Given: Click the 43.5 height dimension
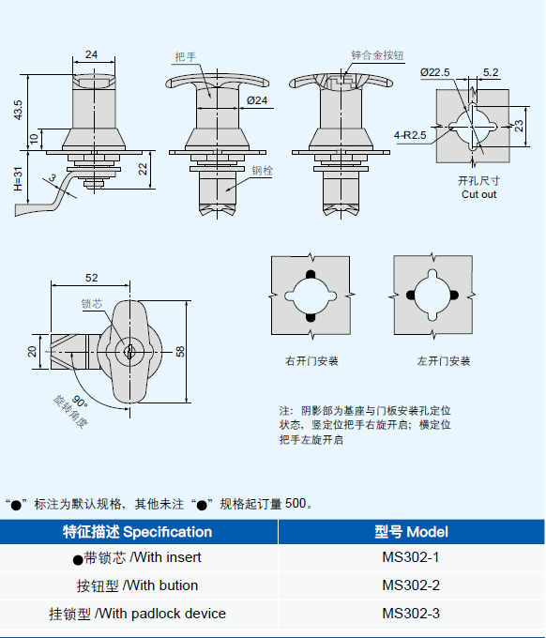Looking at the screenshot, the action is pos(19,110).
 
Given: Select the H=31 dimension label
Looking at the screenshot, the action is pos(19,178).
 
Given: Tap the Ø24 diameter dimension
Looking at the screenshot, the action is pos(257,100).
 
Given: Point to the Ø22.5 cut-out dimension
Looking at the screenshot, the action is pos(435,72).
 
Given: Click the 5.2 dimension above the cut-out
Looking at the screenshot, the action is pos(491,72).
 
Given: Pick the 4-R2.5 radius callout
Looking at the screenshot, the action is pos(410,135).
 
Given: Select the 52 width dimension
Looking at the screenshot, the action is pos(92,278).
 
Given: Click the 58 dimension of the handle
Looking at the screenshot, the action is pos(180,351).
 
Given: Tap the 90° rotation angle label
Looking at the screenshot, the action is pos(80,402).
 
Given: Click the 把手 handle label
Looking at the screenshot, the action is pos(186,56).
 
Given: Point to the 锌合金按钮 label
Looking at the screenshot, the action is pos(377,55).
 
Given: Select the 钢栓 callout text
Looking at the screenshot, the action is pos(262,171).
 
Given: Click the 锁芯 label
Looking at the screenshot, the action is pos(92,304).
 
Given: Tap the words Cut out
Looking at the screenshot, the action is pos(478,194).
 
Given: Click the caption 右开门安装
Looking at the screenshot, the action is pos(311,361).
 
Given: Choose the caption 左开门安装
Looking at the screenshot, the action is pos(444,361).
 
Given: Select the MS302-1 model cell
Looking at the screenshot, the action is pos(411,557).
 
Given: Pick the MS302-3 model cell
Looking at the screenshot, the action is pos(411,614).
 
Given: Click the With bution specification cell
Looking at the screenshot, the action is pos(138,585).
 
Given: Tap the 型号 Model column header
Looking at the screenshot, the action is pos(411,532).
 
